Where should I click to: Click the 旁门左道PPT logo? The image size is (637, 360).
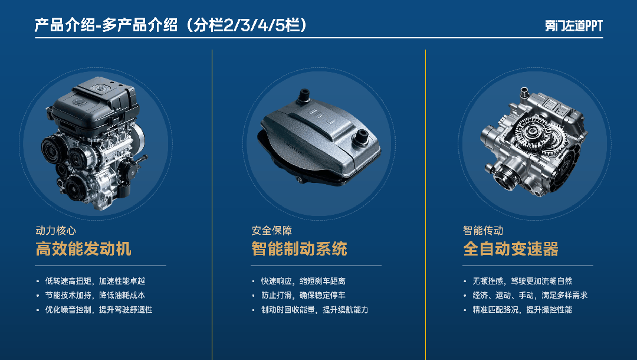click(x=574, y=25)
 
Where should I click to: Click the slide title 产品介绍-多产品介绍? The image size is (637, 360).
click(x=106, y=25)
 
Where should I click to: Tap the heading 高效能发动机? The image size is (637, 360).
click(x=83, y=248)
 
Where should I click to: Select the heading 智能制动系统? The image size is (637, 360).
click(x=299, y=248)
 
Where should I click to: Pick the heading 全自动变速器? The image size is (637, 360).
click(x=511, y=248)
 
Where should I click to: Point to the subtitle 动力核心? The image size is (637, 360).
click(x=55, y=230)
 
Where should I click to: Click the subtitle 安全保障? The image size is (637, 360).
click(x=271, y=230)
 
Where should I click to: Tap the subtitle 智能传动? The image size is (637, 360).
click(x=483, y=230)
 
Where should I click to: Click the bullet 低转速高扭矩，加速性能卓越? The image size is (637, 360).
click(x=95, y=281)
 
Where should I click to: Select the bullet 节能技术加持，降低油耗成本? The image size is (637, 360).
click(x=95, y=295)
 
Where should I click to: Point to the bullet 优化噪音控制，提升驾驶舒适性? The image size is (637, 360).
click(x=98, y=310)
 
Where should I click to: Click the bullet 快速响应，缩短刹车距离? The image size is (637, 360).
click(x=303, y=281)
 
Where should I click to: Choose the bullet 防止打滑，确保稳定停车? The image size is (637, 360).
click(x=303, y=295)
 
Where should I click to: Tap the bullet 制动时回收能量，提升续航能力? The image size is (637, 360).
click(x=314, y=310)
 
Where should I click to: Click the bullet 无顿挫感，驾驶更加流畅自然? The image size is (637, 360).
click(x=522, y=281)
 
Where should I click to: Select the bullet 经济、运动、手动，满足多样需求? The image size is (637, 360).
click(x=530, y=295)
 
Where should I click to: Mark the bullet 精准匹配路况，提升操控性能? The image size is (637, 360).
click(x=522, y=310)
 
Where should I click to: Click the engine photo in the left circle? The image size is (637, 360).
click(x=94, y=143)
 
